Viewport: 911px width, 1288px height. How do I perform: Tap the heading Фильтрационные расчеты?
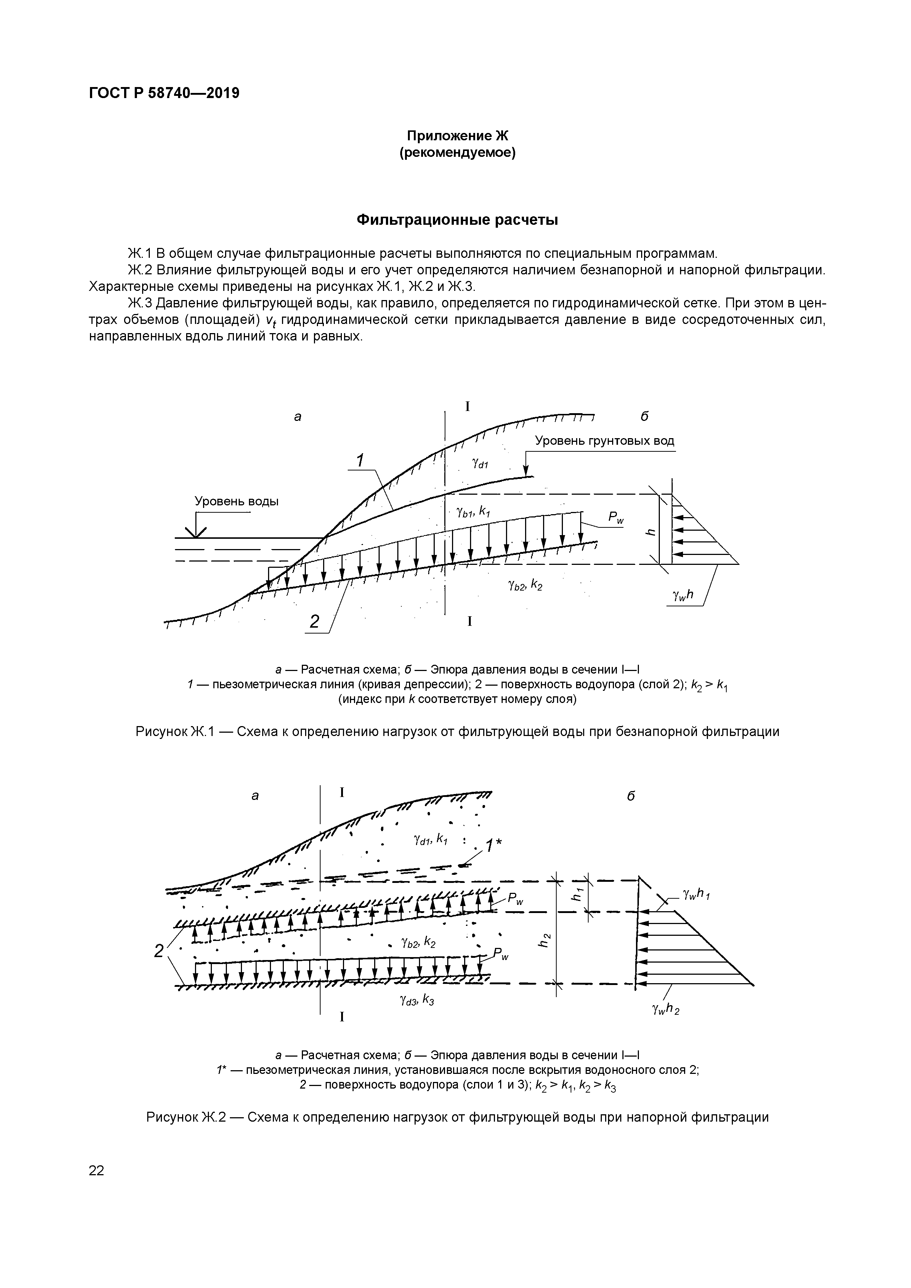click(457, 220)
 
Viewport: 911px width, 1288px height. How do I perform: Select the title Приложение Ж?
click(457, 136)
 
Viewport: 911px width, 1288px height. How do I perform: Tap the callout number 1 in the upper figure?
click(359, 460)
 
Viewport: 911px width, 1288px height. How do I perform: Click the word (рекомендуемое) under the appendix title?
click(457, 152)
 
